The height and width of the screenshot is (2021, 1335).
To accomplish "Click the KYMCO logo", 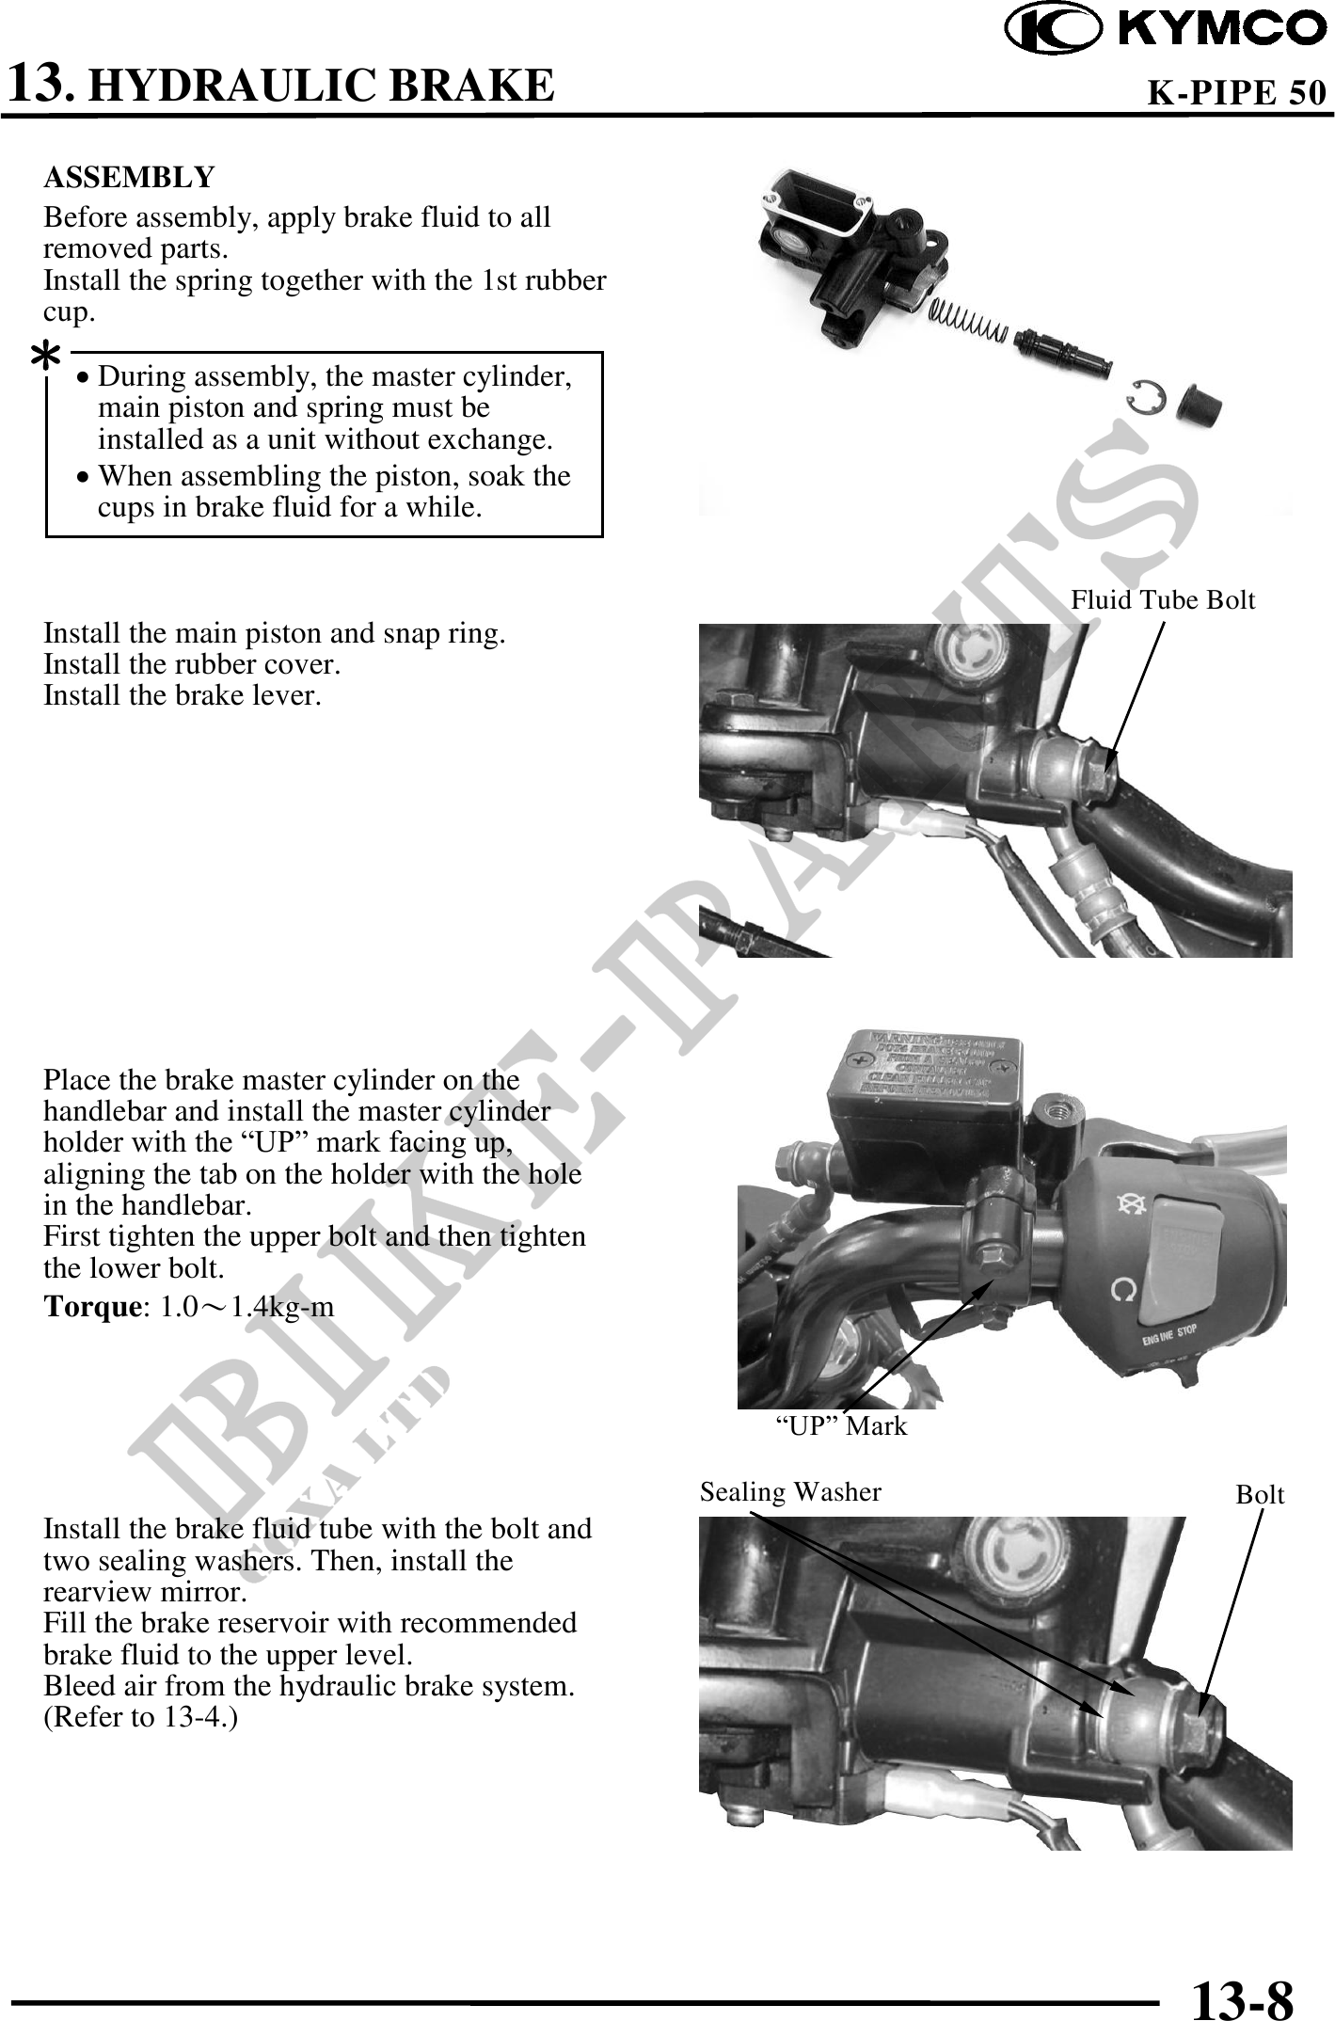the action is (1168, 29).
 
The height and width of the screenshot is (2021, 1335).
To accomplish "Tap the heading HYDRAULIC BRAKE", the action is (326, 85).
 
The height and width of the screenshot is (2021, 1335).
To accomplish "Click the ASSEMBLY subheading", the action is (130, 176).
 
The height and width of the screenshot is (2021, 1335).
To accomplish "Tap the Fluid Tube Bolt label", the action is (1163, 599).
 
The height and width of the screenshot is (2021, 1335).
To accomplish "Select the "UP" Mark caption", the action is (840, 1425).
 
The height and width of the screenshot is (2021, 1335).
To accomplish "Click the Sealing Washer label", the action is (790, 1491).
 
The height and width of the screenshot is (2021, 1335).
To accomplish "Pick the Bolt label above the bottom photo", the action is (1260, 1494).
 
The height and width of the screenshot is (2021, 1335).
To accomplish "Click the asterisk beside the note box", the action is (45, 358).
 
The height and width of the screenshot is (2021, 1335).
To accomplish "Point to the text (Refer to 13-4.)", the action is (141, 1717).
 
